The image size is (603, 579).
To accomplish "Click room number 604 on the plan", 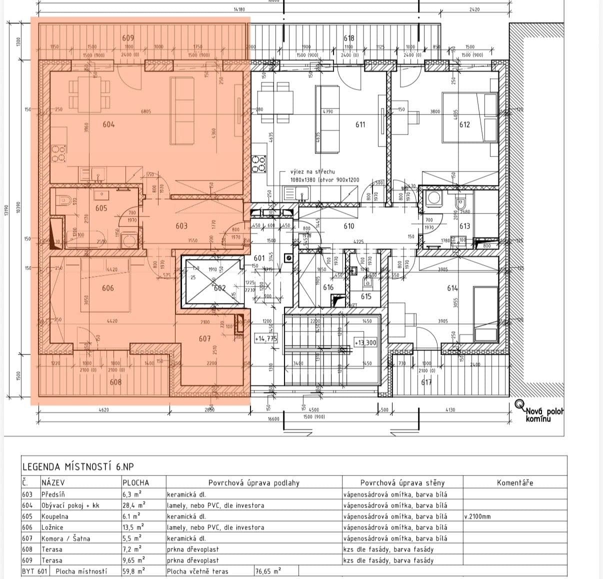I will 108,124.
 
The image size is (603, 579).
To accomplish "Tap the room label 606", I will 107,288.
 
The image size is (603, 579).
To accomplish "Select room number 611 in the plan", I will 360,124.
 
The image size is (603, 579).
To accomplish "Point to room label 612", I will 464,124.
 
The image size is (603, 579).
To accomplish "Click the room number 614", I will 452,288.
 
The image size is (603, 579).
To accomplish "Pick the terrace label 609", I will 128,38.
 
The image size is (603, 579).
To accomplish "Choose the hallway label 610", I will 349,226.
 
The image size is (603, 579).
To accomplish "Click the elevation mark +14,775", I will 265,338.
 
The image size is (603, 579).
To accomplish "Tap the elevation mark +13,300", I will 365,342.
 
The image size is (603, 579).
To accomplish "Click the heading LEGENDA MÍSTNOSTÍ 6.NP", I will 77,467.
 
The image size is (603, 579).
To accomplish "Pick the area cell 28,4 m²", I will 133,505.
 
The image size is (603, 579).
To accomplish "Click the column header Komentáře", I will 514,482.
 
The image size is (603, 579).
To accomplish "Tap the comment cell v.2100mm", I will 477,516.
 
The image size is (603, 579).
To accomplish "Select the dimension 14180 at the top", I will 239,9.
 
